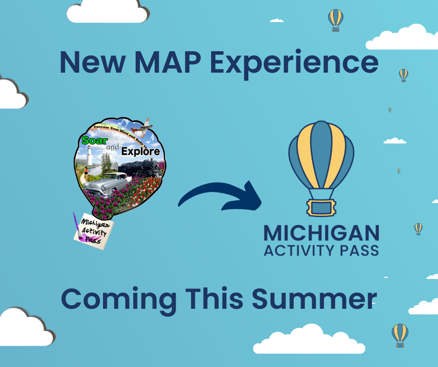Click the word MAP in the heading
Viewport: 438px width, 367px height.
[168, 62]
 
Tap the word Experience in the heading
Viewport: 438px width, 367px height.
[294, 64]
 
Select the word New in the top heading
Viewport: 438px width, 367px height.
[92, 62]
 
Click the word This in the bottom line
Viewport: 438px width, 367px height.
[214, 298]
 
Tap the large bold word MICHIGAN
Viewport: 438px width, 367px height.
[322, 233]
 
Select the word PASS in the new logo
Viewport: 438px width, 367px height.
[359, 250]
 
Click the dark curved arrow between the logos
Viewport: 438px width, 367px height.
[221, 193]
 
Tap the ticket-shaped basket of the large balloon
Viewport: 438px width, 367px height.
[321, 208]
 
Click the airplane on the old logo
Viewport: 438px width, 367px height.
[143, 127]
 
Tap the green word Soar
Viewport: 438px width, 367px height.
[95, 141]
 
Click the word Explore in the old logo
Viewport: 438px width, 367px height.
[141, 151]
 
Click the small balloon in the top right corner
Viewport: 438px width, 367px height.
[335, 20]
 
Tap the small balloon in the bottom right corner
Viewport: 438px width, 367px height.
[400, 335]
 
